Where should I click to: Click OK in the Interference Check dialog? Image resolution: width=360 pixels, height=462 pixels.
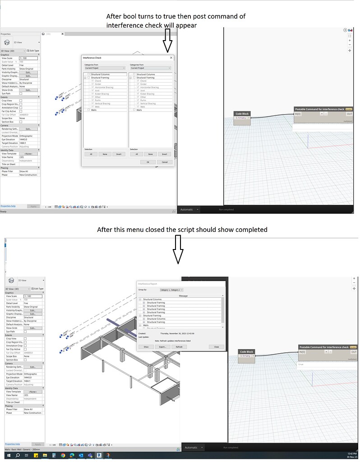pyautogui.click(x=148, y=162)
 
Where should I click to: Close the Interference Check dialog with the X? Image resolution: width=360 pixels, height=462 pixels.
pyautogui.click(x=171, y=58)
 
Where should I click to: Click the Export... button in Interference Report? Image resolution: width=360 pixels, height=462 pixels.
pyautogui.click(x=162, y=346)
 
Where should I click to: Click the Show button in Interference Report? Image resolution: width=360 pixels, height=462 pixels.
pyautogui.click(x=146, y=346)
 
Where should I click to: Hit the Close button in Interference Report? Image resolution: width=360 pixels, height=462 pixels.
pyautogui.click(x=217, y=346)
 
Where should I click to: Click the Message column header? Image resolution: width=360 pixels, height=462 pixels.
pyautogui.click(x=183, y=296)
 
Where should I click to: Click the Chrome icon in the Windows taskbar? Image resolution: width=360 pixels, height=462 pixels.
pyautogui.click(x=63, y=456)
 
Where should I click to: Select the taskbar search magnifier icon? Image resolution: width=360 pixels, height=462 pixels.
pyautogui.click(x=18, y=456)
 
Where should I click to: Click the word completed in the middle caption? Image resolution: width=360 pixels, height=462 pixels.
pyautogui.click(x=253, y=230)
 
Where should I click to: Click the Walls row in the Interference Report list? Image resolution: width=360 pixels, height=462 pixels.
pyautogui.click(x=146, y=325)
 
